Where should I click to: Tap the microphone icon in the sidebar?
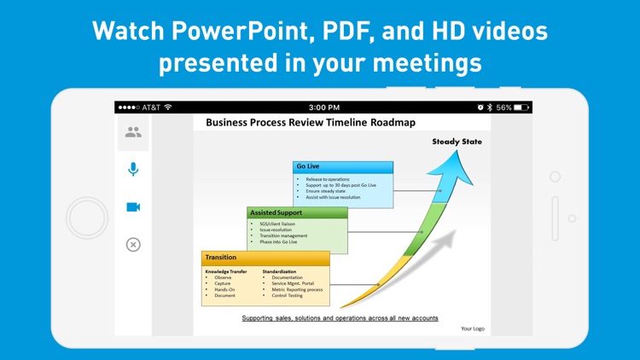pyautogui.click(x=133, y=169)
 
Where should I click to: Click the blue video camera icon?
pyautogui.click(x=133, y=207)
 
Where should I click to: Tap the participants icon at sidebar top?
pyautogui.click(x=133, y=132)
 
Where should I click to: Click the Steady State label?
pyautogui.click(x=457, y=142)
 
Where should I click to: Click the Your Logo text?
pyautogui.click(x=472, y=328)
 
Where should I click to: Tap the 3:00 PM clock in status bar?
pyautogui.click(x=323, y=107)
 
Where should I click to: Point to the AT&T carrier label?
pyautogui.click(x=150, y=107)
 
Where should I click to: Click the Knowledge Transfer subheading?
pyautogui.click(x=226, y=271)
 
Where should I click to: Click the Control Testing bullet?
pyautogui.click(x=287, y=295)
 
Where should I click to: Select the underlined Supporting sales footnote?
pyautogui.click(x=340, y=318)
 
